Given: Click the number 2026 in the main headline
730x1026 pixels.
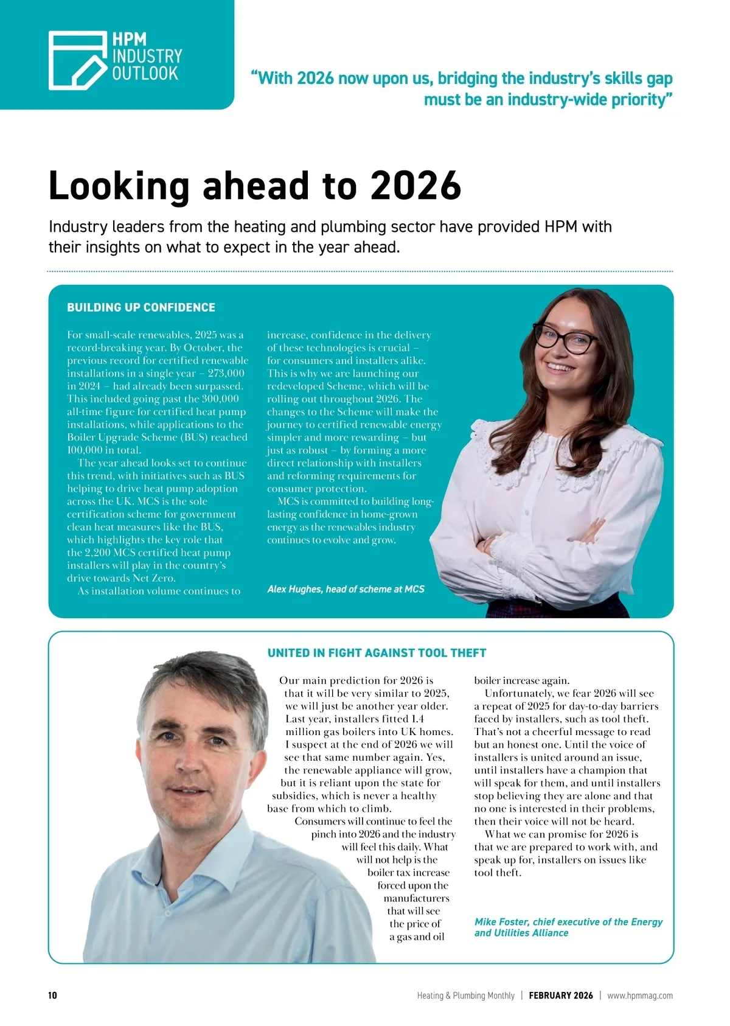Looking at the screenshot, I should tap(416, 186).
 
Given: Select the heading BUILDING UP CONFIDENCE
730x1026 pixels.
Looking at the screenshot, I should tap(141, 307).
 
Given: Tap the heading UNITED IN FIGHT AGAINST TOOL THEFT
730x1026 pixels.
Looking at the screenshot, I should tap(377, 653).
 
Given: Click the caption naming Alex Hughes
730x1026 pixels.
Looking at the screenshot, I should tap(346, 589).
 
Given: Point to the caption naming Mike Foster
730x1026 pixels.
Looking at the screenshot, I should tap(568, 927).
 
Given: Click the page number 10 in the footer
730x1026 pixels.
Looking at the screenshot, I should tap(52, 996).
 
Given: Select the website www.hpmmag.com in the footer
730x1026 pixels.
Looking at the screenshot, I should tap(640, 996).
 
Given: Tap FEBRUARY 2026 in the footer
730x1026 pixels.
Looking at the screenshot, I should tap(560, 996).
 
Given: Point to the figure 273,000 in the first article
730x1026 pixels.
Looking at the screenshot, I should tap(226, 374).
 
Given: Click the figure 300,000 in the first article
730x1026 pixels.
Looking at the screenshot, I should tap(220, 399).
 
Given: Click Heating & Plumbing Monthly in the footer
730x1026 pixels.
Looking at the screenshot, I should tap(465, 996).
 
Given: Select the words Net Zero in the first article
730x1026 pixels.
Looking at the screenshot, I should tap(154, 578).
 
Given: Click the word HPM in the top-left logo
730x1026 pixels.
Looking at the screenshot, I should tap(130, 40).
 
